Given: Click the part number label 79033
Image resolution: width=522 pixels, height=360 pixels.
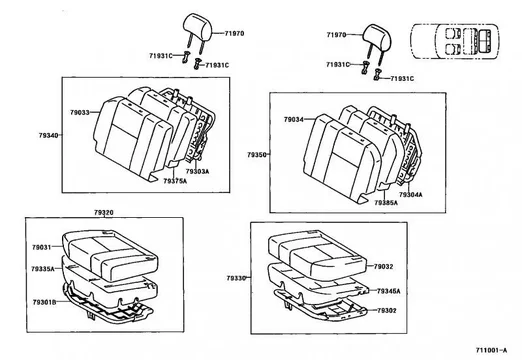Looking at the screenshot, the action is tap(80, 112).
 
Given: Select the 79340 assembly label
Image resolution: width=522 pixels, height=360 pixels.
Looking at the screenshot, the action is tap(48, 135).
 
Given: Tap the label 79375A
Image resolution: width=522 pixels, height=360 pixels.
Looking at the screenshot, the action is tap(175, 181).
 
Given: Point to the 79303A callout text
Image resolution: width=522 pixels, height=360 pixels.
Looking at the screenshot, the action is tap(197, 171).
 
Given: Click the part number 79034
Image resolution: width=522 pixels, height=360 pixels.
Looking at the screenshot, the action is tap(294, 119).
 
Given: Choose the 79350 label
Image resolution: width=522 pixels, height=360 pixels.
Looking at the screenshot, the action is tap(257, 155).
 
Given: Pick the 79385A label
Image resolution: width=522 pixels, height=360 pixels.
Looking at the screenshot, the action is tap(386, 203).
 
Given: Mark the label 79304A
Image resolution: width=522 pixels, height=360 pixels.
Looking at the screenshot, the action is tap(411, 194).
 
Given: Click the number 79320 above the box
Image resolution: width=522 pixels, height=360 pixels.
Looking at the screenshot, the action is tap(104, 212).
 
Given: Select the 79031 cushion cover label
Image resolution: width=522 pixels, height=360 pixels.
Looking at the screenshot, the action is tap(42, 247).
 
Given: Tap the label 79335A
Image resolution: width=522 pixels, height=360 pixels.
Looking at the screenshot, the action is tap(43, 269).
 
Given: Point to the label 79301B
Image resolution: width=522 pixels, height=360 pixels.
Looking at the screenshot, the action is tap(44, 302).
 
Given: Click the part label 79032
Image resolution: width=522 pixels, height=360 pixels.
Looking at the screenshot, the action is tap(383, 266).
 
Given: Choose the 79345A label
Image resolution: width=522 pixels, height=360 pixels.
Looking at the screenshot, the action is tap(389, 291).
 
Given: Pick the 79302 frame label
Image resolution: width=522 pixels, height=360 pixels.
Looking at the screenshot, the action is tap(387, 311).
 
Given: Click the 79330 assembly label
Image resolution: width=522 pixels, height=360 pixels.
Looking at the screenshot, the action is tap(236, 278).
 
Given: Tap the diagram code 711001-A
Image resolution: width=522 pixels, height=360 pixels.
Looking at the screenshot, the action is tap(491, 350).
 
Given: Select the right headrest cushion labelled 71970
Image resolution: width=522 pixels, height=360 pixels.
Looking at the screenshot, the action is tap(377, 36).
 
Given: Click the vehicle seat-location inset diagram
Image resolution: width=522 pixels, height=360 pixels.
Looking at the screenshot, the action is tap(454, 41).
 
